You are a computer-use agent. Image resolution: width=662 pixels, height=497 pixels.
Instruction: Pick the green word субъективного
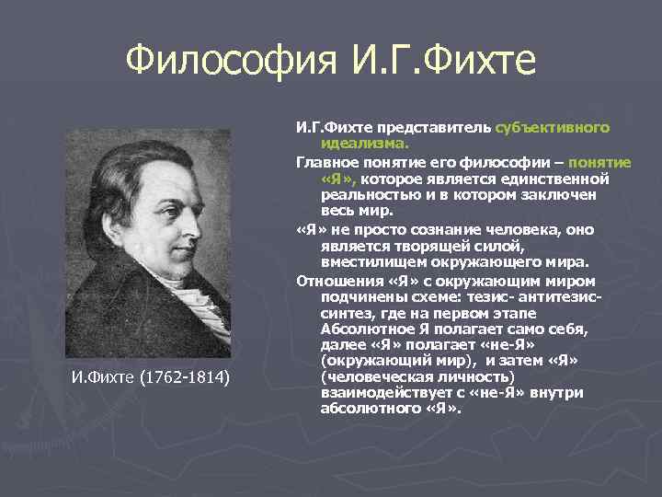[553, 128]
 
